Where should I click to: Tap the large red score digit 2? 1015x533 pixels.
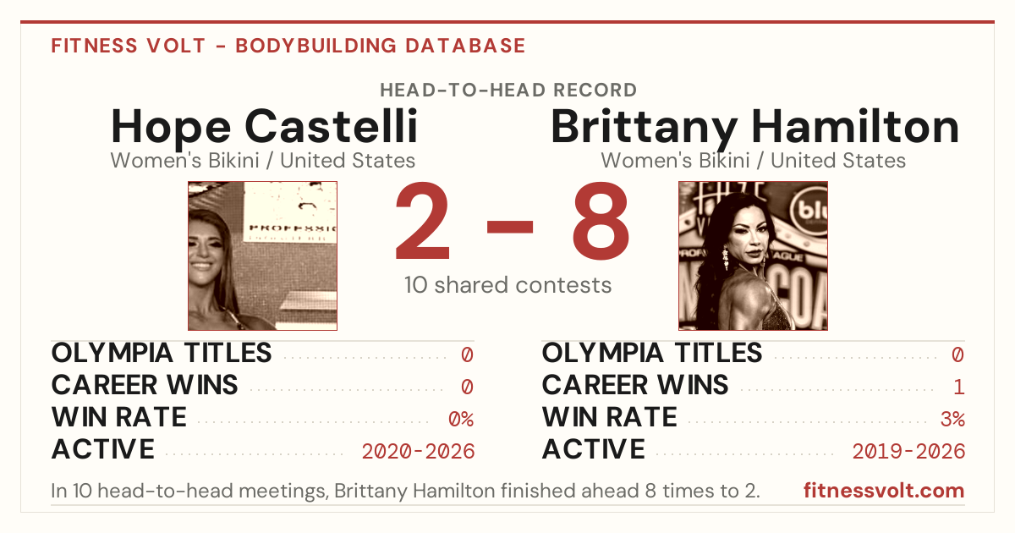pyautogui.click(x=422, y=220)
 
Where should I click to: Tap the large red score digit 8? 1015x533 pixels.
pyautogui.click(x=601, y=220)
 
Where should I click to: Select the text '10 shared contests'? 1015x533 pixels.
pyautogui.click(x=508, y=285)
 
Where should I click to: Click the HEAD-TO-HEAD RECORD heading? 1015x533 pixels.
pyautogui.click(x=508, y=91)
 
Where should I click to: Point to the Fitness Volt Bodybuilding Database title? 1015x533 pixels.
pyautogui.click(x=288, y=46)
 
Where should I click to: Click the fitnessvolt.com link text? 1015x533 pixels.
pyautogui.click(x=884, y=491)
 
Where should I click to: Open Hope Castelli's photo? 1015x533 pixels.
pyautogui.click(x=262, y=256)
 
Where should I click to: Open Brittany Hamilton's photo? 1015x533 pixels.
pyautogui.click(x=753, y=256)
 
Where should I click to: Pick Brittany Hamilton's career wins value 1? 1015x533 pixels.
pyautogui.click(x=958, y=387)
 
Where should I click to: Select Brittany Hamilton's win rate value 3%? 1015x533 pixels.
pyautogui.click(x=952, y=419)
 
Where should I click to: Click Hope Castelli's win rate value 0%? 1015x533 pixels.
pyautogui.click(x=461, y=419)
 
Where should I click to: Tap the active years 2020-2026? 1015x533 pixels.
pyautogui.click(x=418, y=452)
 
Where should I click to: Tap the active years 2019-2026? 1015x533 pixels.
pyautogui.click(x=908, y=452)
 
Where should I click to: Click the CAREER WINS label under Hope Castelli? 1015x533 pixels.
pyautogui.click(x=145, y=385)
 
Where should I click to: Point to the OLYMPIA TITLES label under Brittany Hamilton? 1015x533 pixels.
pyautogui.click(x=652, y=353)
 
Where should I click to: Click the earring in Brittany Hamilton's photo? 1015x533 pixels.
pyautogui.click(x=725, y=257)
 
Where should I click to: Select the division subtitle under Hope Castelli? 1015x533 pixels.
pyautogui.click(x=263, y=161)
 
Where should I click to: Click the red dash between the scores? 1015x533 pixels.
pyautogui.click(x=510, y=227)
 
